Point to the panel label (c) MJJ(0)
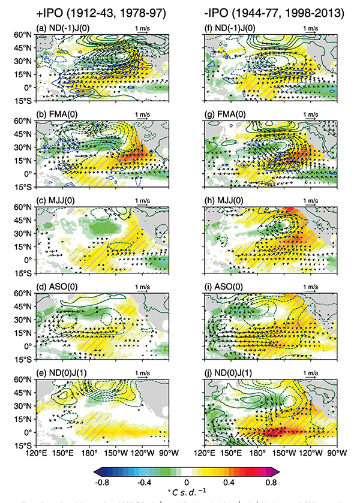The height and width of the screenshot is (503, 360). pyautogui.click(x=56, y=199)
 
